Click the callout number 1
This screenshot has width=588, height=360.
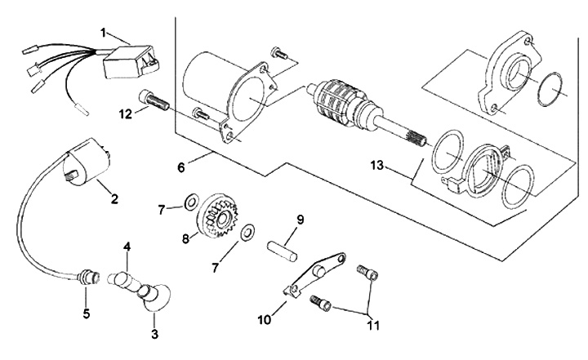pyautogui.click(x=105, y=33)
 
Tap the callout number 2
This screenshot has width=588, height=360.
pyautogui.click(x=114, y=198)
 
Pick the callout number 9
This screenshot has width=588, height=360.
pyautogui.click(x=301, y=219)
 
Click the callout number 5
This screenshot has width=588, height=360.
pyautogui.click(x=86, y=312)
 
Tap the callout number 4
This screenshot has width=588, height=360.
pyautogui.click(x=127, y=246)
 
